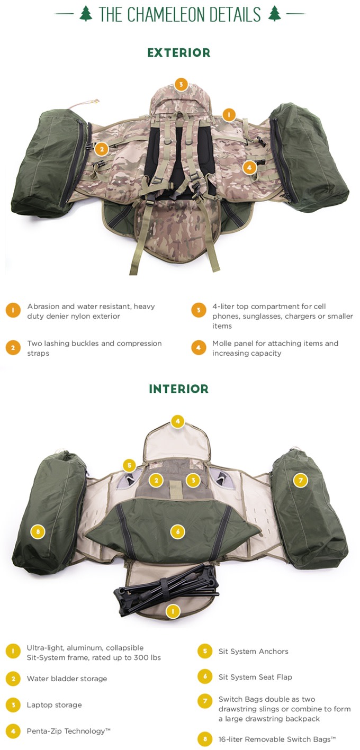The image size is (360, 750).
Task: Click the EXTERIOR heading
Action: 179,53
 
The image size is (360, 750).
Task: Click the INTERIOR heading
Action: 179,389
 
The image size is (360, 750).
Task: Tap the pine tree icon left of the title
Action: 86,14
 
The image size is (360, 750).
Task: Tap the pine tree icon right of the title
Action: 274,14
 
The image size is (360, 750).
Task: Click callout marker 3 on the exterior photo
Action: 181,84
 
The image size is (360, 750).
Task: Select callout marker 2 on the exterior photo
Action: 102,149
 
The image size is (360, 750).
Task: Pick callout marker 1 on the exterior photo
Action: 229,114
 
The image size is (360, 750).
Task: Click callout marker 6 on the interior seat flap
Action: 178,531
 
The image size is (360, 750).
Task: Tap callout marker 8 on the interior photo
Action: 38,531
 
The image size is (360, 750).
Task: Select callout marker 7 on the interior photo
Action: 300,480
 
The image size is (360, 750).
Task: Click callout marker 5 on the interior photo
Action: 129,466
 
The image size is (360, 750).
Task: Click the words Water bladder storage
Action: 67,679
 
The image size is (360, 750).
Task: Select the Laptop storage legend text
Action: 54,705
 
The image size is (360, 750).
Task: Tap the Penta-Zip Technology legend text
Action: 69,731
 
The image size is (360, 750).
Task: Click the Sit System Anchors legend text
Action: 253,651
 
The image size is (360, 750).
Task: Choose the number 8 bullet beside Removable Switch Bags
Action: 205,739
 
